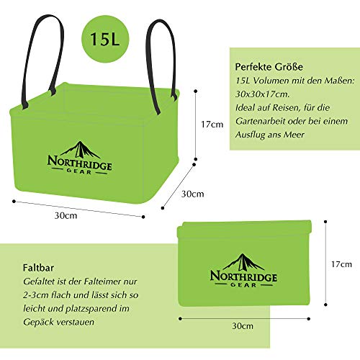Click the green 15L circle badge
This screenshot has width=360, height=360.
105,39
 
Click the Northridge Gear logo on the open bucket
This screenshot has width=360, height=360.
79,158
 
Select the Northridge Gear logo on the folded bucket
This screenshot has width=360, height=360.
243,271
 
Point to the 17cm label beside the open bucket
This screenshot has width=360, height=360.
212,125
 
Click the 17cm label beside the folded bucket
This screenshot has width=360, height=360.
341,264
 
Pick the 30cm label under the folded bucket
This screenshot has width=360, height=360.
243,326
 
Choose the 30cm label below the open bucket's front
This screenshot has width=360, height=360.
66,215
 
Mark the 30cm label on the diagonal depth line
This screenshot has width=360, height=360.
192,194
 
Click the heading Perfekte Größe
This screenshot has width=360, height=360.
269,67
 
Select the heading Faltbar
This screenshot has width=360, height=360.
38,268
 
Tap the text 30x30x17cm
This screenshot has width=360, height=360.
262,94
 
